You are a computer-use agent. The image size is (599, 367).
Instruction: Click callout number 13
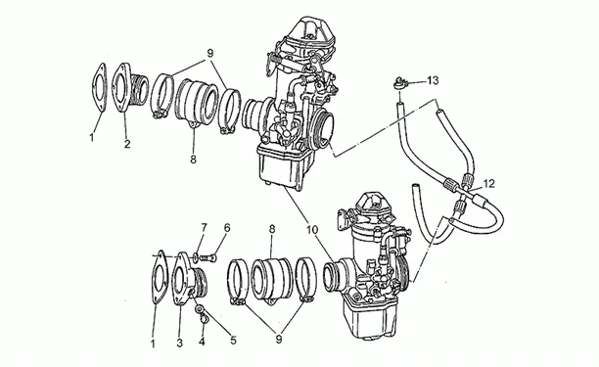433,80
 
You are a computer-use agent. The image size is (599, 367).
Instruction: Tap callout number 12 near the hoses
488,184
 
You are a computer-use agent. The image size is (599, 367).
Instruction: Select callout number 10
311,230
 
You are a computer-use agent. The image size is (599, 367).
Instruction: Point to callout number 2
127,144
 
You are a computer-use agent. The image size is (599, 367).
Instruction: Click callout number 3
179,343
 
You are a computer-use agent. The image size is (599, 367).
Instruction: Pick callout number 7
204,228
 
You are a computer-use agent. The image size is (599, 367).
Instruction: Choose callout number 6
227,228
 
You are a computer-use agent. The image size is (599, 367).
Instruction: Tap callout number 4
202,342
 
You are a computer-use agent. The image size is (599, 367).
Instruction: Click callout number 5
233,340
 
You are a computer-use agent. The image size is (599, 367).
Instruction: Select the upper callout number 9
209,54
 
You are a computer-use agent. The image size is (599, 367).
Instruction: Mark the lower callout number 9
279,340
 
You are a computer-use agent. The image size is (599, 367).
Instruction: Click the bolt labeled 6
208,258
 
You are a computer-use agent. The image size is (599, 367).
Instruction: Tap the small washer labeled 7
196,257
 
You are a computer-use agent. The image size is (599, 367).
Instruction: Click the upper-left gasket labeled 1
99,88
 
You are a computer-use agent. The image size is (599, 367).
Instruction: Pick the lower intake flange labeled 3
190,279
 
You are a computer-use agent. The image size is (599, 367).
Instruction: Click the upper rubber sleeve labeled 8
197,102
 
